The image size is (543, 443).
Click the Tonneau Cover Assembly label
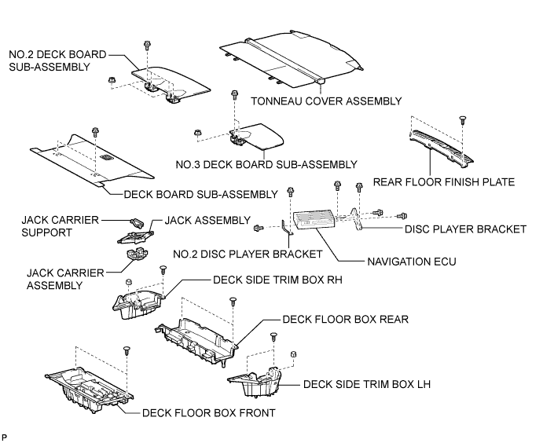pos(326,101)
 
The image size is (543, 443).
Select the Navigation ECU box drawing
pos(314,220)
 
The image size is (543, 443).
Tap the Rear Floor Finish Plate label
pos(444,182)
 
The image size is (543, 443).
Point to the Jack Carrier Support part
pos(137,222)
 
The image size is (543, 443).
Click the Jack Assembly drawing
pos(135,237)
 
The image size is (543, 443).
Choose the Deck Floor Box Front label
pos(209,413)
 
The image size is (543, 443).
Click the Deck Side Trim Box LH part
pos(255,382)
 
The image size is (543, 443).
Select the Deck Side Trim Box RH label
pos(277,280)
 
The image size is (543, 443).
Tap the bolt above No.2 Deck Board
pos(147,45)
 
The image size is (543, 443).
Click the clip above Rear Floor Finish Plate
pos(463,120)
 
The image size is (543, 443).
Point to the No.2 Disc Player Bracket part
pos(287,228)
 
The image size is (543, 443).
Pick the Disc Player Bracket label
pos(465,229)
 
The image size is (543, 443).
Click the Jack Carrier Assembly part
pos(138,254)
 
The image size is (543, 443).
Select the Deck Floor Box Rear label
pos(346,319)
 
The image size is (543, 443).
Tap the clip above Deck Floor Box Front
pos(127,350)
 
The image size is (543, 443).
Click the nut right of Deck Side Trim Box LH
pos(293,354)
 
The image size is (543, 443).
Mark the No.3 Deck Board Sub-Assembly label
pos(266,164)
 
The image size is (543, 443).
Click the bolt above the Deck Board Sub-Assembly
pos(95,132)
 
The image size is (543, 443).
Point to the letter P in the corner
pos(4,438)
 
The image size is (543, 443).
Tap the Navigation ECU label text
pos(412,262)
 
